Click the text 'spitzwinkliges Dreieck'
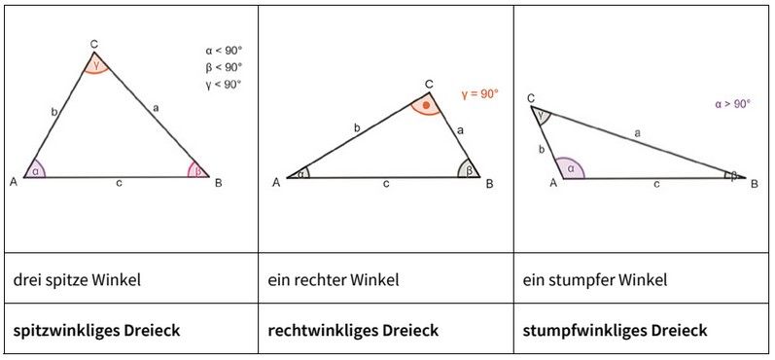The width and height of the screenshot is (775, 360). [96, 330]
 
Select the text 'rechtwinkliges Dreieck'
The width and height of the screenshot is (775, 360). [353, 330]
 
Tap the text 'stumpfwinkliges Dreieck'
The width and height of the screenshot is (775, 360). [615, 330]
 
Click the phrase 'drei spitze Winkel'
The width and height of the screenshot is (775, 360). [77, 280]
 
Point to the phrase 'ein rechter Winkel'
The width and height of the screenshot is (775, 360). [333, 280]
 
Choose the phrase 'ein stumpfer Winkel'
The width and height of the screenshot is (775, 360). [595, 280]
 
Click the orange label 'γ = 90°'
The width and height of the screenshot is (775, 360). [480, 94]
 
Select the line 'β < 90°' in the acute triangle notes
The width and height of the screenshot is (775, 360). [224, 67]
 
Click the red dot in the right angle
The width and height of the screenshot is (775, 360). [426, 103]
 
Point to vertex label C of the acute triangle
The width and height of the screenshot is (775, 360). [93, 44]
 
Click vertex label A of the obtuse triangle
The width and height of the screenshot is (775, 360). [554, 182]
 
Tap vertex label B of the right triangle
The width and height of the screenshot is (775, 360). [489, 183]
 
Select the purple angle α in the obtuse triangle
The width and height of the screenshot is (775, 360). [571, 170]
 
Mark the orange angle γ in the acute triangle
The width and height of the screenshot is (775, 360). [94, 64]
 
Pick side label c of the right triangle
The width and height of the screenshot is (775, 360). [387, 183]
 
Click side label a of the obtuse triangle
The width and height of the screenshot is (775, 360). [637, 130]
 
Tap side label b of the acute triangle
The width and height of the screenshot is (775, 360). [53, 114]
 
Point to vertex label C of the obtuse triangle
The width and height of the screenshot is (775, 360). [531, 98]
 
